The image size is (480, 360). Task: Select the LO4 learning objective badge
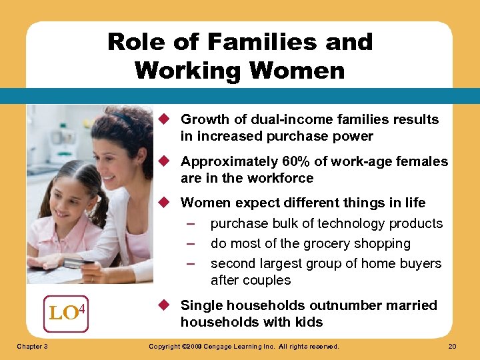tap(66, 310)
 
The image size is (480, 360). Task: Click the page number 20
tap(453, 347)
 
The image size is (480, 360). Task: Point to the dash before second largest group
tap(191, 264)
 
